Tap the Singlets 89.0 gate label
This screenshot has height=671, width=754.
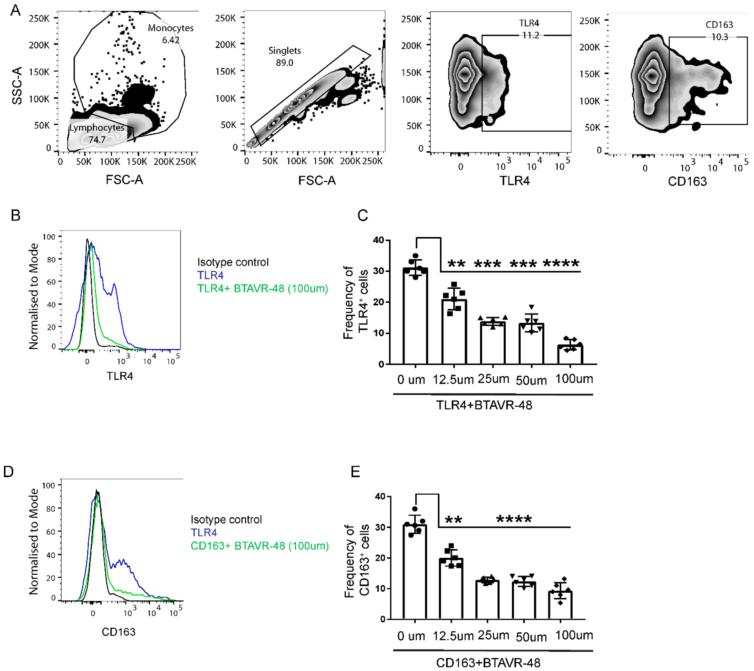click(x=284, y=56)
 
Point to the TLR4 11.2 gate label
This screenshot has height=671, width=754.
click(x=529, y=29)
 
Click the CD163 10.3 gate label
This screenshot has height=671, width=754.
click(x=719, y=30)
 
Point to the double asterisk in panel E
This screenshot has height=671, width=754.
click(x=453, y=520)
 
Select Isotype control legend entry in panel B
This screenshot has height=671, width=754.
click(x=233, y=262)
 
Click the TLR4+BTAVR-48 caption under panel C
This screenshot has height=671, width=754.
click(x=484, y=405)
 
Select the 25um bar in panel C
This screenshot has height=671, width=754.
click(x=493, y=343)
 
